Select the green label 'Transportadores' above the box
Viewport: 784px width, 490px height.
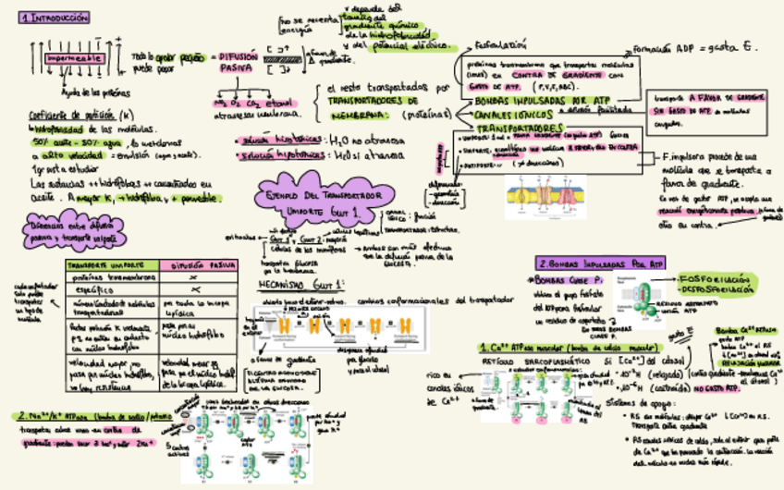point(521,127)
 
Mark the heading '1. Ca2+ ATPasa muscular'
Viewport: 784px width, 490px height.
point(536,347)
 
